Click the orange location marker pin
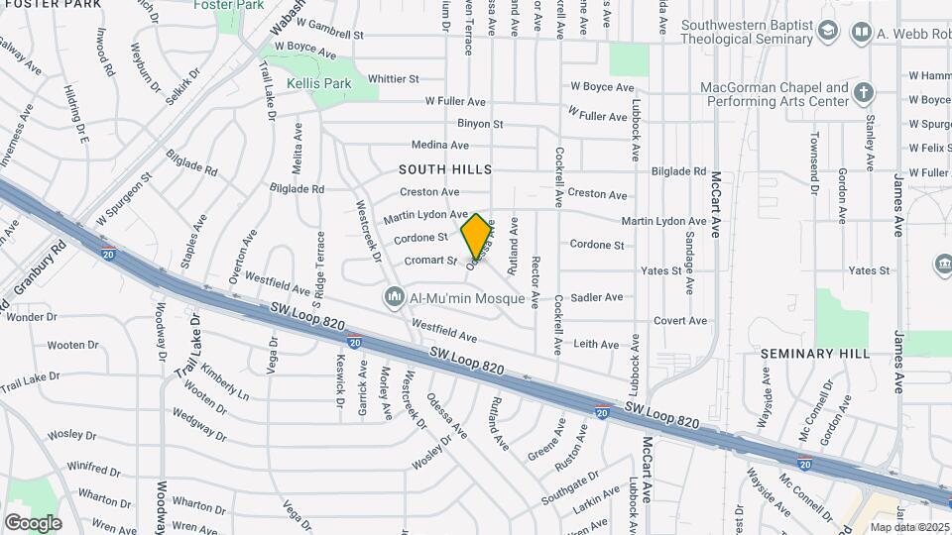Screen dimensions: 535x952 pyautogui.click(x=477, y=236)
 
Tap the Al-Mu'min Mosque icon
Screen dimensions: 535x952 pyautogui.click(x=395, y=296)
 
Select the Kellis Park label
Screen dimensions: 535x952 pyautogui.click(x=319, y=84)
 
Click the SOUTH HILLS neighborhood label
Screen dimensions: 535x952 pyautogui.click(x=445, y=169)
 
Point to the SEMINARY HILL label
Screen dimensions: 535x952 pyautogui.click(x=815, y=353)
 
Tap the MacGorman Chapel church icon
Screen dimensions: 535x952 pyautogui.click(x=864, y=94)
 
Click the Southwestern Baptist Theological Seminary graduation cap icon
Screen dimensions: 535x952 pyautogui.click(x=828, y=34)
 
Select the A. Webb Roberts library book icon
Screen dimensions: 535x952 pyautogui.click(x=861, y=34)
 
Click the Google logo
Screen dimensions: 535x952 pyautogui.click(x=33, y=522)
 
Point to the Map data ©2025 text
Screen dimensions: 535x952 pyautogui.click(x=908, y=526)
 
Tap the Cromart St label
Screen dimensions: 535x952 pyautogui.click(x=430, y=261)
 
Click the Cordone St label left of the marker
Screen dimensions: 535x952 pyautogui.click(x=420, y=238)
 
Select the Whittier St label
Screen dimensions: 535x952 pyautogui.click(x=394, y=78)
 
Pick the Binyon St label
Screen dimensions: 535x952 pyautogui.click(x=481, y=124)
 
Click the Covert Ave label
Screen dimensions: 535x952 pyautogui.click(x=679, y=320)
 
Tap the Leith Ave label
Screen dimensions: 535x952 pyautogui.click(x=596, y=344)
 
